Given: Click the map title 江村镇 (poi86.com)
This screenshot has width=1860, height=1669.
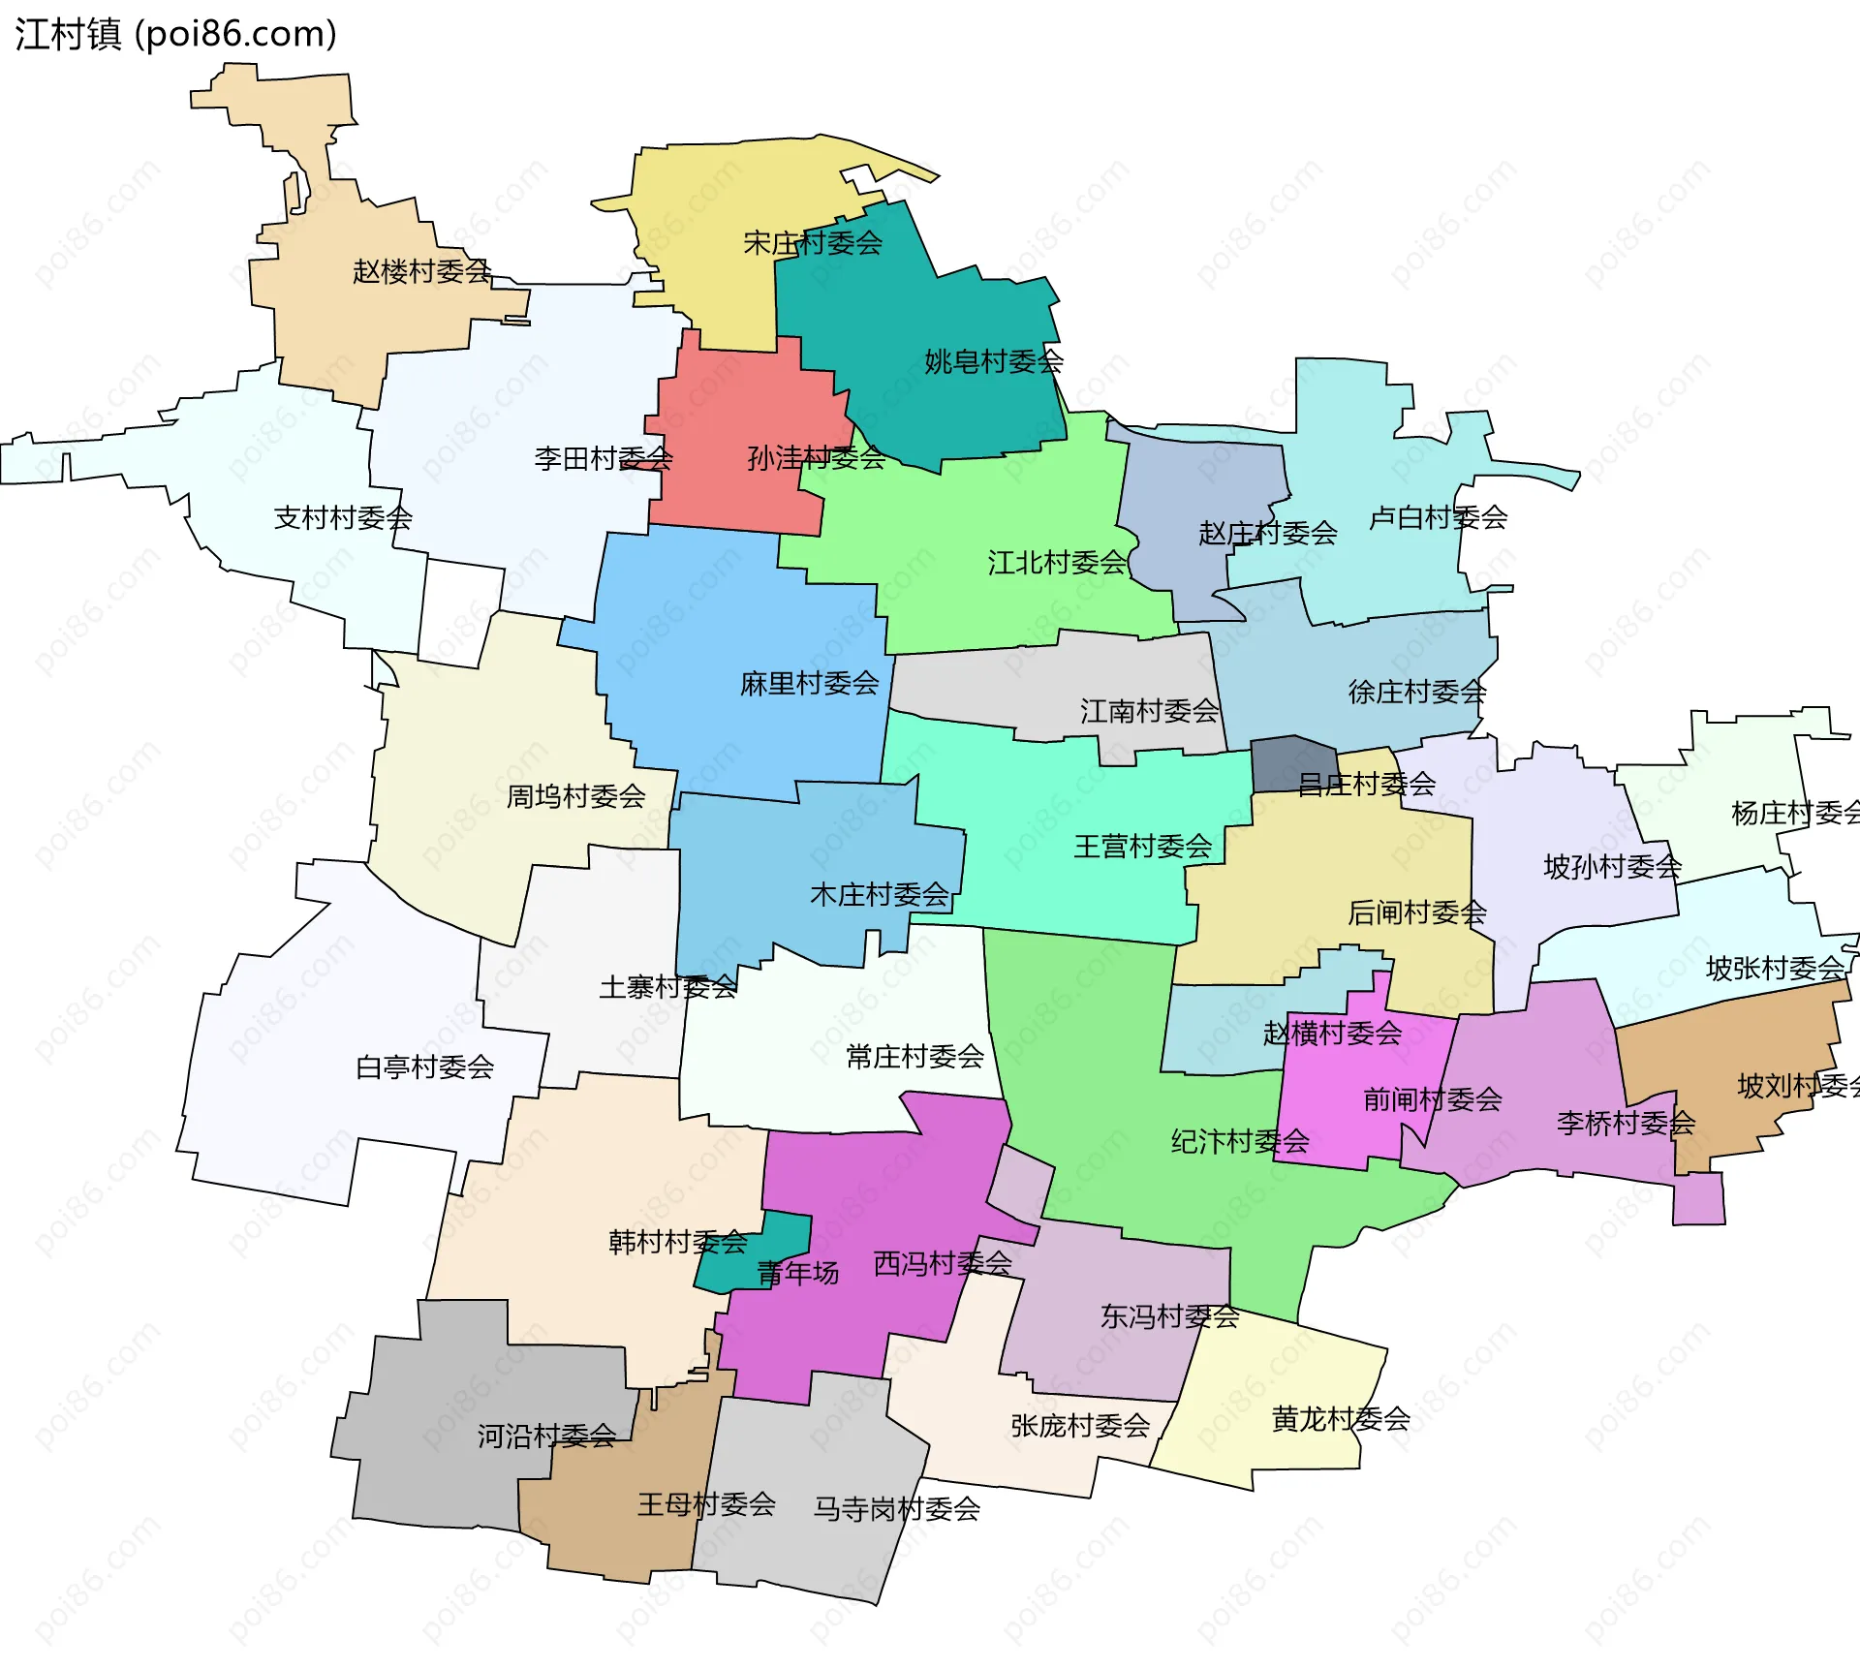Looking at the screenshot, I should click(x=175, y=34).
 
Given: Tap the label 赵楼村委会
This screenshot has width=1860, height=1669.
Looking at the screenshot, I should click(x=421, y=271).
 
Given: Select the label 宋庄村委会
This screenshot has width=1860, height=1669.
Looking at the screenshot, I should click(x=812, y=243).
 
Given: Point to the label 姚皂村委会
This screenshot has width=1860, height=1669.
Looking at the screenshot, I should click(x=993, y=362).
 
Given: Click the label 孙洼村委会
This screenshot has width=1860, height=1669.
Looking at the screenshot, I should click(x=816, y=458).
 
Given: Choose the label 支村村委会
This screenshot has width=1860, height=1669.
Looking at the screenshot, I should click(x=343, y=518).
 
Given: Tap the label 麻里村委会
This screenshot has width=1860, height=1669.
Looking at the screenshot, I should click(x=809, y=684).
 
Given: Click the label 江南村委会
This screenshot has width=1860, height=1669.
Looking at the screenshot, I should click(x=1149, y=712).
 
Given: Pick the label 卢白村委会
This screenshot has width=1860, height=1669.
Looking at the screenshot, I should click(x=1438, y=518).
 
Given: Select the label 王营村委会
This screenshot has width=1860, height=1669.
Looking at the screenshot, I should click(x=1142, y=848).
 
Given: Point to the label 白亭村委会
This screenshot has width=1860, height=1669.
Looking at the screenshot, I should click(x=424, y=1067).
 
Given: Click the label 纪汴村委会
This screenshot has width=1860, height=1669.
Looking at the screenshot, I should click(x=1239, y=1142).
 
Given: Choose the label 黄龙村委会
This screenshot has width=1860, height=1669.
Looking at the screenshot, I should click(x=1340, y=1420).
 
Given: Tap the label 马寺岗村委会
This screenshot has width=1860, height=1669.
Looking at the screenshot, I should click(x=896, y=1509).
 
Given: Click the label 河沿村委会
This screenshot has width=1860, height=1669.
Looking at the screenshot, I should click(x=546, y=1437).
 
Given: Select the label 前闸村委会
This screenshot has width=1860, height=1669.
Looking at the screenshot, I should click(x=1432, y=1100).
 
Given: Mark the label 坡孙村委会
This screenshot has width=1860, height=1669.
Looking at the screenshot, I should click(x=1612, y=867).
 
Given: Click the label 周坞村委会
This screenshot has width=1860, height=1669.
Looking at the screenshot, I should click(x=575, y=797).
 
